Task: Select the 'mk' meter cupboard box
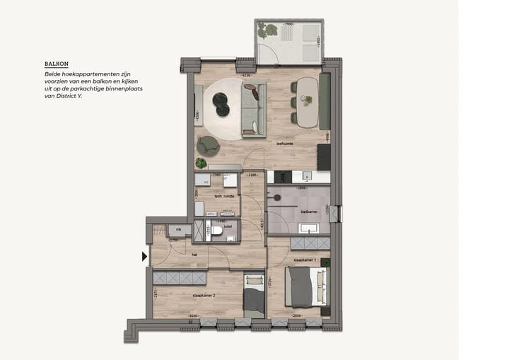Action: pos(179,230)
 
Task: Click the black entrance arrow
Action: pos(145,257)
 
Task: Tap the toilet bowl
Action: pos(218,231)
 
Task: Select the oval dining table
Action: pos(307,101)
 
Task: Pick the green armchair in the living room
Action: pos(208,145)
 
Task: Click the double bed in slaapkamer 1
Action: pos(307,285)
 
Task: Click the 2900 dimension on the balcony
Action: pos(288,25)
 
